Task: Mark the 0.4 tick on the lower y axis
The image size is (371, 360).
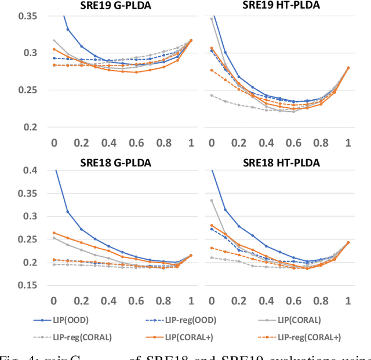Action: click(x=29, y=170)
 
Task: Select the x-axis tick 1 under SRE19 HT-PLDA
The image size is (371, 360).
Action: click(x=348, y=143)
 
